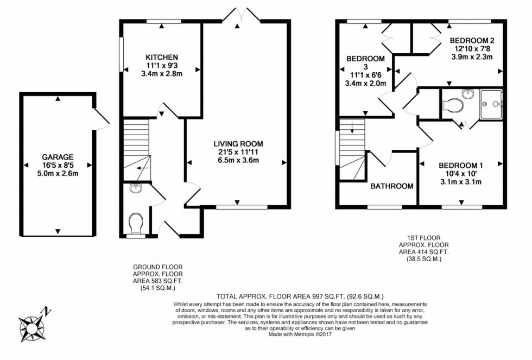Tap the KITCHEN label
click(x=162, y=57)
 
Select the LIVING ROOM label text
click(x=238, y=144)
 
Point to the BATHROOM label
click(x=392, y=186)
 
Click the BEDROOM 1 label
click(x=460, y=165)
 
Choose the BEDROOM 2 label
click(x=475, y=41)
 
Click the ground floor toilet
click(x=136, y=222)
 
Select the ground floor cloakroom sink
click(x=136, y=189)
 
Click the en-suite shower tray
click(x=491, y=104)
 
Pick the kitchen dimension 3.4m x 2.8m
click(x=162, y=74)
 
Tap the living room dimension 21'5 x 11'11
click(x=238, y=152)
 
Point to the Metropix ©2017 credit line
click(x=300, y=334)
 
